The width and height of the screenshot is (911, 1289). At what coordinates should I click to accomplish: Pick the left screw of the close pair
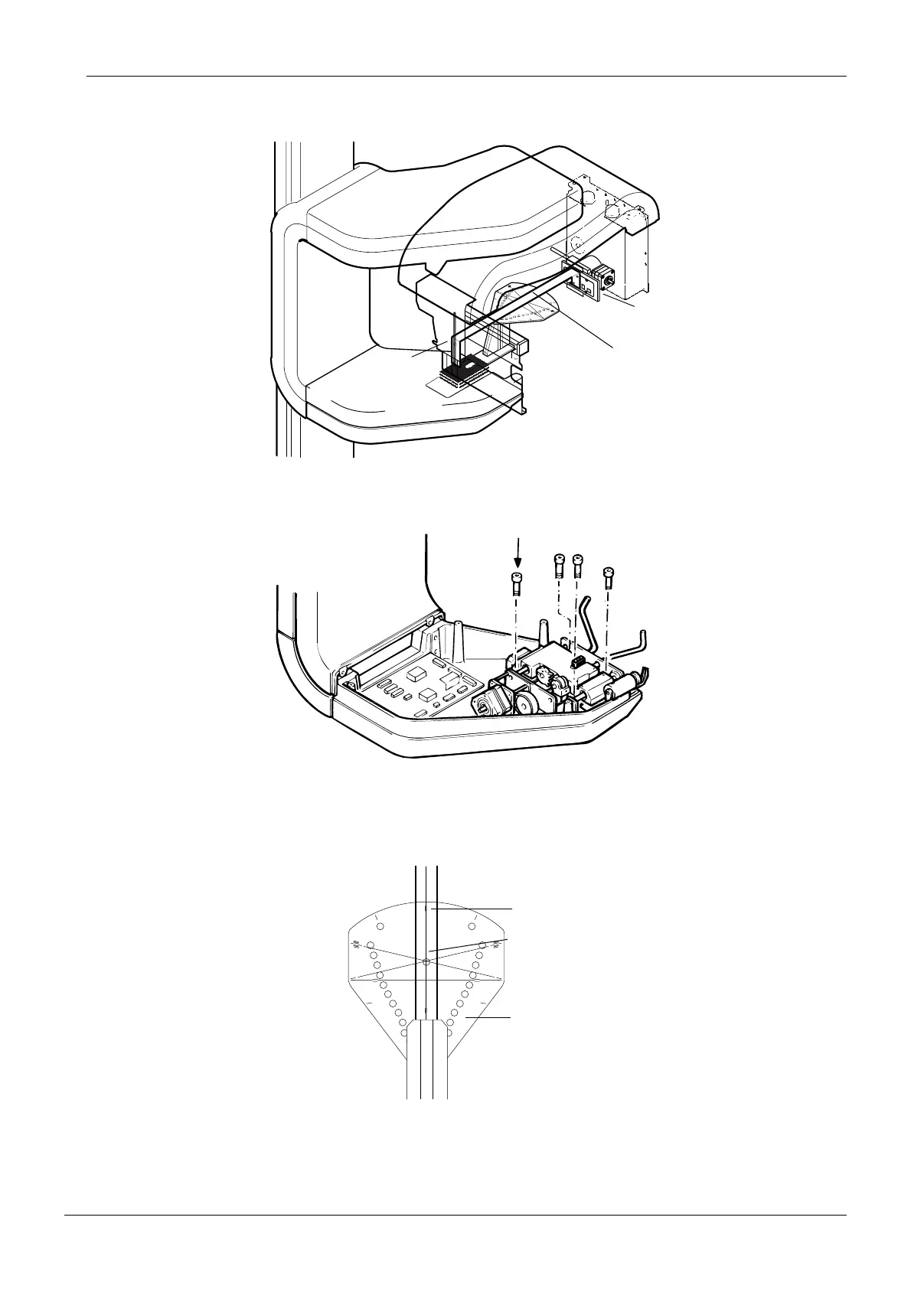coord(559,567)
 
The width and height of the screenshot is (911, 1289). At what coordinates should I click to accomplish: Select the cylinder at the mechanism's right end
coord(620,686)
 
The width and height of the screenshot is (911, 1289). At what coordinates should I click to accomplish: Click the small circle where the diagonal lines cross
coord(426,961)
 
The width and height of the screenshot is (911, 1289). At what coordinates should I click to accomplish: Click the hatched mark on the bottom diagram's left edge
coord(354,945)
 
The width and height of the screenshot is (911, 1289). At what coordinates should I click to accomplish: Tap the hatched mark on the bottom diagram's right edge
coord(498,945)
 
